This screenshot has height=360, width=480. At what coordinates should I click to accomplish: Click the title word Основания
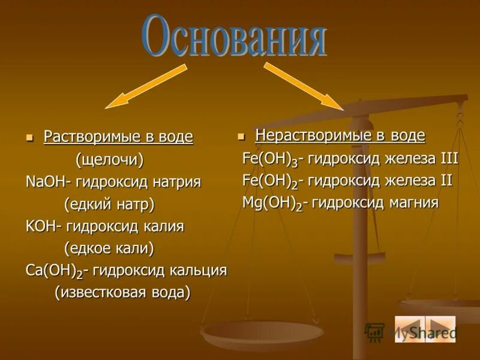click(x=235, y=37)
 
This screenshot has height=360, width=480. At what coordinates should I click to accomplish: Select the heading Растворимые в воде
click(x=118, y=137)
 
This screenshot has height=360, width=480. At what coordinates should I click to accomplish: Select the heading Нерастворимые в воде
click(x=340, y=136)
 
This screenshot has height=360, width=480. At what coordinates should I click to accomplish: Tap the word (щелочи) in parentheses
click(x=109, y=160)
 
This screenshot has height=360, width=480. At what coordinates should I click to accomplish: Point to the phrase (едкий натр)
click(x=109, y=204)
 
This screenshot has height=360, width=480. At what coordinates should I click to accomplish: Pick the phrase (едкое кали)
click(x=109, y=248)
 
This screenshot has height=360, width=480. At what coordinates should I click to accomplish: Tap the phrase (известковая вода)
click(x=122, y=292)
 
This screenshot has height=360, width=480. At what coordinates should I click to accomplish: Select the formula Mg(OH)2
click(x=271, y=203)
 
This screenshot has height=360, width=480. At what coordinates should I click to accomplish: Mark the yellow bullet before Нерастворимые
click(x=241, y=136)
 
